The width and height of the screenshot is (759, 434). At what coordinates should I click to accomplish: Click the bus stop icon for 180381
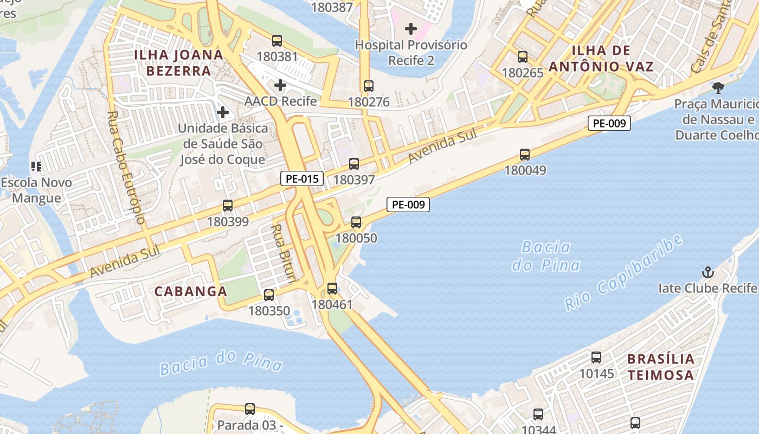pyautogui.click(x=277, y=41)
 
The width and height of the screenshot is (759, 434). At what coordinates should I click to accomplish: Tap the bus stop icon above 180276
pyautogui.click(x=369, y=86)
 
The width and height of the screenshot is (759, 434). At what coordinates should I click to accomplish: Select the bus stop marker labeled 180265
pyautogui.click(x=523, y=57)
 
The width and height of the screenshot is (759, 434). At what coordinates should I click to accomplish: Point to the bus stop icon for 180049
pyautogui.click(x=525, y=155)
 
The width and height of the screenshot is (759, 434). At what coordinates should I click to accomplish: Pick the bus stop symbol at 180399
pyautogui.click(x=228, y=206)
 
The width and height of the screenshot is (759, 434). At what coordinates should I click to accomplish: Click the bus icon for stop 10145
pyautogui.click(x=596, y=358)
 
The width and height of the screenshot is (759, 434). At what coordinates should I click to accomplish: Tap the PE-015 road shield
pyautogui.click(x=302, y=178)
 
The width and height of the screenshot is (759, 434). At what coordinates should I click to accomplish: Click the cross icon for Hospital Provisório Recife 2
pyautogui.click(x=411, y=28)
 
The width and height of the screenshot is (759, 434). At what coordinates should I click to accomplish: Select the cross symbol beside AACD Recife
pyautogui.click(x=280, y=85)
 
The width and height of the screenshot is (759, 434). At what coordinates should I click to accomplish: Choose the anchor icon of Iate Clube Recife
pyautogui.click(x=707, y=272)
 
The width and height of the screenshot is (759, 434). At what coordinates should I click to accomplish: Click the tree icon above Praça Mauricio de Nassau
pyautogui.click(x=718, y=87)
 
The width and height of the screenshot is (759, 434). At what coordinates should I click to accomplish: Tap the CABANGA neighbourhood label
pyautogui.click(x=191, y=291)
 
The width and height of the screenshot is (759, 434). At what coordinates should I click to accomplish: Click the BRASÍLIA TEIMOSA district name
pyautogui.click(x=660, y=367)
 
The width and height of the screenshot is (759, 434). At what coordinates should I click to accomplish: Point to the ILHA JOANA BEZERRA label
pyautogui.click(x=178, y=62)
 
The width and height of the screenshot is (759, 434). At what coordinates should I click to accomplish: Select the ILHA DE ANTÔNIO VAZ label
pyautogui.click(x=601, y=59)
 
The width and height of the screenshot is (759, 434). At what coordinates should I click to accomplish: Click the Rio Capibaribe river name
pyautogui.click(x=623, y=273)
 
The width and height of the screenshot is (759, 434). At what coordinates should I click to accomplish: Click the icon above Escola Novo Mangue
pyautogui.click(x=36, y=167)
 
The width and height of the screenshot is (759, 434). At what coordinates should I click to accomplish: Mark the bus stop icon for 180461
pyautogui.click(x=332, y=289)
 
